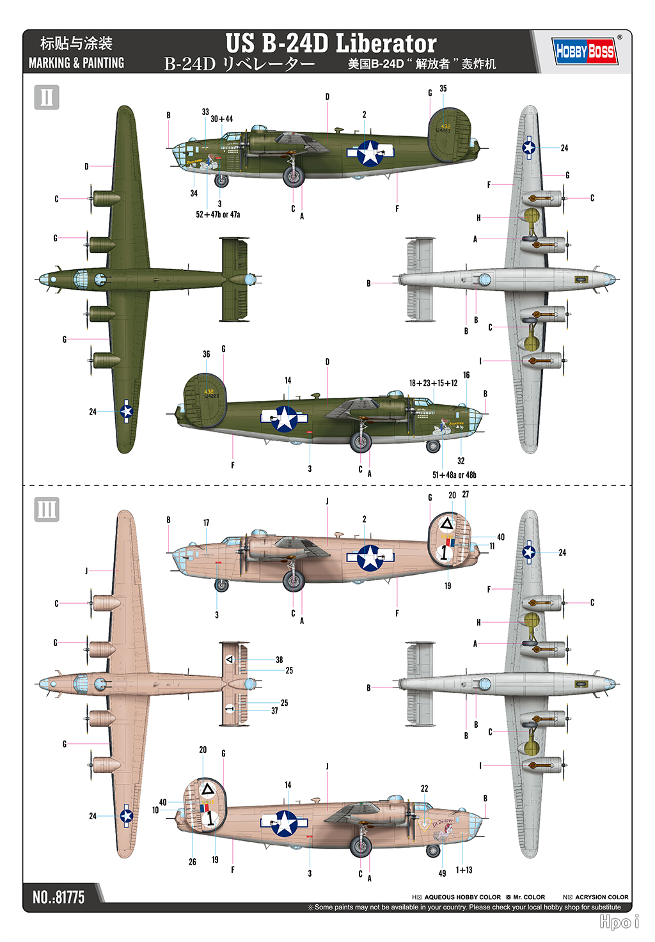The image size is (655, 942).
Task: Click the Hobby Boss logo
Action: click(x=585, y=51)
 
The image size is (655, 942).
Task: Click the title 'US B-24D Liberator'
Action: click(x=331, y=43)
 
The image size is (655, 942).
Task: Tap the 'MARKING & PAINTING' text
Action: click(x=76, y=63)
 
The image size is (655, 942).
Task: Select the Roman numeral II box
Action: click(x=47, y=97)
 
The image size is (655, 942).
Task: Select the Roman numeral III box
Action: click(x=47, y=510)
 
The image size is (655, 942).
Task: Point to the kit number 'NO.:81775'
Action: click(x=58, y=897)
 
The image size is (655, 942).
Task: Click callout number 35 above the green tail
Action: click(x=443, y=89)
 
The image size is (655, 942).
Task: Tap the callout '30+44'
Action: click(x=222, y=119)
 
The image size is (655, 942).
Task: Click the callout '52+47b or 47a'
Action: click(x=218, y=215)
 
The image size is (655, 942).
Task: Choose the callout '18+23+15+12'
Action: click(x=433, y=383)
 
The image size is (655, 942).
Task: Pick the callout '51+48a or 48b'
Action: click(x=454, y=475)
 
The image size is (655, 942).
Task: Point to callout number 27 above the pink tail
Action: click(x=466, y=494)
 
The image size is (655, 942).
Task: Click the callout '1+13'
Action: click(x=464, y=870)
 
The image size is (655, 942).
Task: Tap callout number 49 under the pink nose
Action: click(x=442, y=873)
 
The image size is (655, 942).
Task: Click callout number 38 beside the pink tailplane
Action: click(x=280, y=659)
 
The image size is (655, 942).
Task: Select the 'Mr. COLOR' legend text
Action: click(x=529, y=897)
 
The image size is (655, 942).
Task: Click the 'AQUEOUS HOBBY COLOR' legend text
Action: click(x=462, y=897)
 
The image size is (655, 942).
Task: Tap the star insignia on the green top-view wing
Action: click(x=127, y=411)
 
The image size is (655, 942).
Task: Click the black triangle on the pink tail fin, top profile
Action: click(x=446, y=524)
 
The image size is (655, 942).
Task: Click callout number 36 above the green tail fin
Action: click(x=206, y=354)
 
